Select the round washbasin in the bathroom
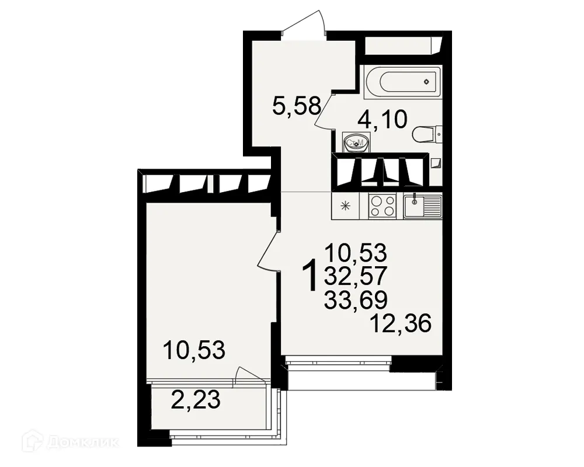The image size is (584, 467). (354, 142)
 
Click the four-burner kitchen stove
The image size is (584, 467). (383, 205)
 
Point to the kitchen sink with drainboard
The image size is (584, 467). (422, 205)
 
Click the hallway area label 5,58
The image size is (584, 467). (297, 106)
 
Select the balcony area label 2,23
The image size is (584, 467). (196, 400)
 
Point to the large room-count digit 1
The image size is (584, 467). (312, 276)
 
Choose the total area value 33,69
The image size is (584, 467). (356, 300)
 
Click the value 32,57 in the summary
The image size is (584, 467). (356, 277)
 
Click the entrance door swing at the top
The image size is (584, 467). (303, 23)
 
